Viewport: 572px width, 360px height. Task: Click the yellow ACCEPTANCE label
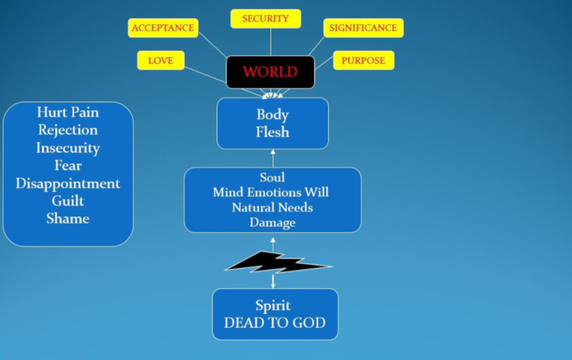tap(163, 28)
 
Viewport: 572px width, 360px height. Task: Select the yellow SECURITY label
tap(266, 19)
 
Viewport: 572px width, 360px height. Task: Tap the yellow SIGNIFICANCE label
tap(363, 28)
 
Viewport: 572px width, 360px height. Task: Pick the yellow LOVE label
tap(161, 61)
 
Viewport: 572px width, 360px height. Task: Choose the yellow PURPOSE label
tap(363, 61)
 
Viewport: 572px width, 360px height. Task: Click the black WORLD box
tap(270, 72)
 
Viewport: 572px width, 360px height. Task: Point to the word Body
tap(272, 114)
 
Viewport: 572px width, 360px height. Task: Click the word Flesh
tap(272, 132)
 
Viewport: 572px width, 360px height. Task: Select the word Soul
tap(272, 178)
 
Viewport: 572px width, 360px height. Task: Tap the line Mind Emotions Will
tap(270, 193)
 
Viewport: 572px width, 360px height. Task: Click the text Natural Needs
tap(272, 207)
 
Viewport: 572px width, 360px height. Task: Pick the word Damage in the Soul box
tap(272, 222)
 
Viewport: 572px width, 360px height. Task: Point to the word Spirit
tap(273, 306)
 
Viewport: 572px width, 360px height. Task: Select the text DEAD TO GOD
tap(274, 323)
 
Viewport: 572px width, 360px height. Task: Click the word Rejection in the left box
tap(68, 130)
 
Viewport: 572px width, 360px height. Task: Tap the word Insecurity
tap(68, 148)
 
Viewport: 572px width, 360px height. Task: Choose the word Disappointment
tap(68, 183)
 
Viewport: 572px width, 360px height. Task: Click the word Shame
tap(68, 218)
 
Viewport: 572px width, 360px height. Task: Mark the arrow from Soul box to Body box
tap(273, 158)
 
